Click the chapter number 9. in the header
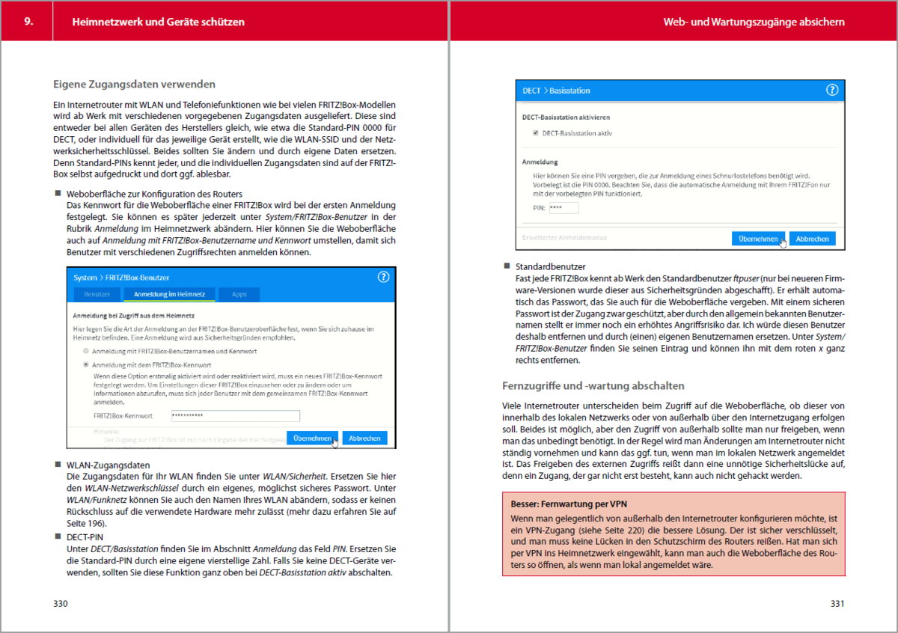[28, 22]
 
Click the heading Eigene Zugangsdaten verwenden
[134, 84]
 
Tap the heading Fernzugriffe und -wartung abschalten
[593, 386]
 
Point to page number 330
[61, 604]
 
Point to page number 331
[837, 604]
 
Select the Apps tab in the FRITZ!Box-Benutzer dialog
[239, 295]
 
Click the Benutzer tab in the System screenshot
[97, 295]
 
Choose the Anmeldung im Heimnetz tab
[170, 295]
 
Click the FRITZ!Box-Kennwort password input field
[234, 416]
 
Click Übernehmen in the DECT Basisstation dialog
[758, 238]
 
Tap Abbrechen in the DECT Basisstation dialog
[812, 238]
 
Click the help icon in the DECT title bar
[831, 90]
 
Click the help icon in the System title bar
[384, 277]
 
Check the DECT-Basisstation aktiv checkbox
[535, 133]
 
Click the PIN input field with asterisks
[563, 208]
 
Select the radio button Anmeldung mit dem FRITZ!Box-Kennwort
[88, 364]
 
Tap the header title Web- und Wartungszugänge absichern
[754, 22]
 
